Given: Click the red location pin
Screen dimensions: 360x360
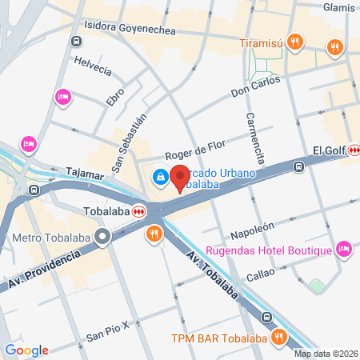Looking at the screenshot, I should pos(180,176).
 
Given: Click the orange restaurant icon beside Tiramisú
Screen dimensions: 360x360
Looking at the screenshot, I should pos(295,42).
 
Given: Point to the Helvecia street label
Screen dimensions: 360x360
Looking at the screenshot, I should pos(92,66).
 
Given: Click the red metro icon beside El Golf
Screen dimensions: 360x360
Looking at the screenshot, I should pos(353,150).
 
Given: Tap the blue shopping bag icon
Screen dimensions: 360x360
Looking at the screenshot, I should pos(161,176).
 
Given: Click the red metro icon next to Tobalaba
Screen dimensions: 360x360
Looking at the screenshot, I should pos(139,212).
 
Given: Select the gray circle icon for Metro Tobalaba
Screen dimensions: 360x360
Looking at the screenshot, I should pos(102,237).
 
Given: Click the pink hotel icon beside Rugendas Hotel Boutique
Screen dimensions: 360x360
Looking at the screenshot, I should pos(344,249).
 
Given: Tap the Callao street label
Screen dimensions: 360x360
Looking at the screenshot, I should pos(260,274).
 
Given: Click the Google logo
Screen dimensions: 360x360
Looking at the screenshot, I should pos(27,350).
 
